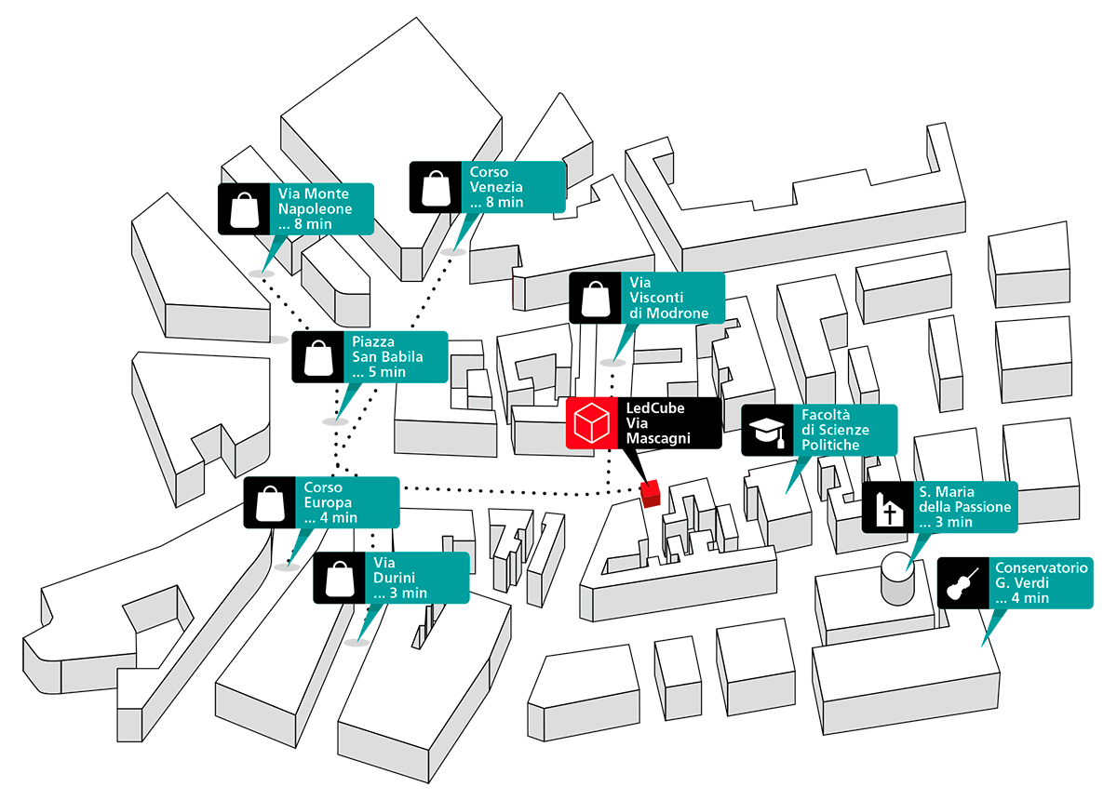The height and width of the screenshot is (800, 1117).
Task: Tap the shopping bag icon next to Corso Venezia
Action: click(x=435, y=187)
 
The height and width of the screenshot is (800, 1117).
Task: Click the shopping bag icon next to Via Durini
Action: click(x=338, y=578)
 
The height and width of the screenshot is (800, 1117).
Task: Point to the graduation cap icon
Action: click(x=767, y=431)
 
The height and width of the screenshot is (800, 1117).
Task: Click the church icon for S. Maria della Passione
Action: click(x=887, y=508)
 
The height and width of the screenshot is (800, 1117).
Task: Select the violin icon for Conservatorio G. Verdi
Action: click(x=960, y=582)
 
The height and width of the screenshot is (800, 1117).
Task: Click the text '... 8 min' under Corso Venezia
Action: click(x=496, y=202)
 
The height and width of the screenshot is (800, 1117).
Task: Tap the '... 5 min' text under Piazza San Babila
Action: click(x=379, y=372)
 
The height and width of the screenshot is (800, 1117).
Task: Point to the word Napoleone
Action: click(x=316, y=209)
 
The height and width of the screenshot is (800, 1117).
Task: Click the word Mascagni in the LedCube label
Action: click(x=658, y=437)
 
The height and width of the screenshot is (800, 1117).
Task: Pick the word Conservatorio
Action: click(x=1041, y=567)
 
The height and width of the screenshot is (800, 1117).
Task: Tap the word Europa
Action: click(x=325, y=503)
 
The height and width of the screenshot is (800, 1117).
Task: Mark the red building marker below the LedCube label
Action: click(x=652, y=491)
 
